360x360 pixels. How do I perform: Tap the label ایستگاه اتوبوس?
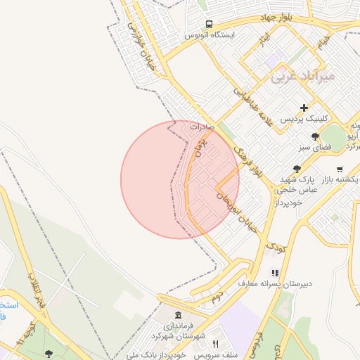[210, 34]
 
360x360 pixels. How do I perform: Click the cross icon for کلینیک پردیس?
[304, 108]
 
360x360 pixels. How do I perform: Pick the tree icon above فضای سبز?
[316, 136]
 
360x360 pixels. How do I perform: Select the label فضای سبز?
[316, 148]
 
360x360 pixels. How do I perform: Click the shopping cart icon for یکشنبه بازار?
[340, 169]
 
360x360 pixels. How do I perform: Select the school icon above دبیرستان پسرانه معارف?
[275, 273]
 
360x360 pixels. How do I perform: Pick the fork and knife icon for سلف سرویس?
[215, 344]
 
